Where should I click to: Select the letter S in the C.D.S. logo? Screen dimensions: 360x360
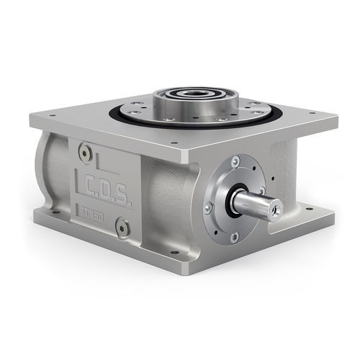tap(125, 198)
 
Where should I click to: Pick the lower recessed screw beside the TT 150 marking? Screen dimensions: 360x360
tap(123, 228)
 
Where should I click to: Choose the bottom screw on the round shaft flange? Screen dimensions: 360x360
tap(234, 236)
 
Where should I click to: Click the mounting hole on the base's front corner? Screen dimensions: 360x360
tap(174, 253)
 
